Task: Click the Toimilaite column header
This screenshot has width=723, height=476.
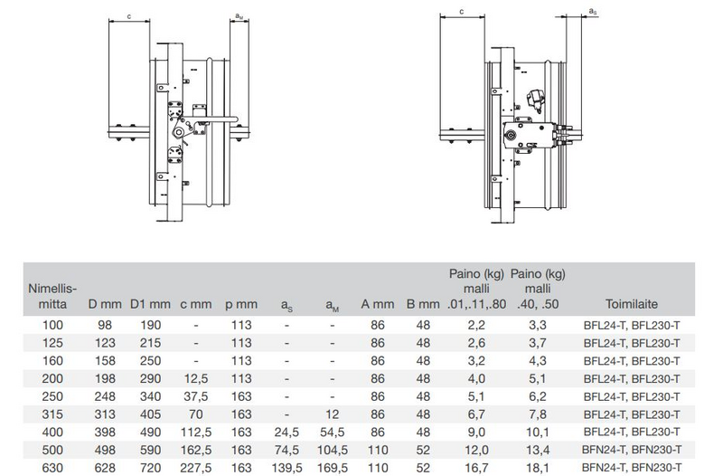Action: (631, 304)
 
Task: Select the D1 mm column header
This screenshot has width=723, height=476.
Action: (150, 304)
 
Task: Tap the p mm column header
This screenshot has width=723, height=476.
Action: (241, 305)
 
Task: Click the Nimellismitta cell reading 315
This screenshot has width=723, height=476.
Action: (52, 414)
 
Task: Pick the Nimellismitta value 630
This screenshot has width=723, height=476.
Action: (52, 468)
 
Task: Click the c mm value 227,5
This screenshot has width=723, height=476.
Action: (196, 468)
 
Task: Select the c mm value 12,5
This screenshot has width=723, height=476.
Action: (196, 378)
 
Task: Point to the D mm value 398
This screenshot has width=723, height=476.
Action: (105, 433)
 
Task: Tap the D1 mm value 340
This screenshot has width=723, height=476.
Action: (150, 396)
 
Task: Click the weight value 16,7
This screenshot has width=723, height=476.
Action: (476, 468)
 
